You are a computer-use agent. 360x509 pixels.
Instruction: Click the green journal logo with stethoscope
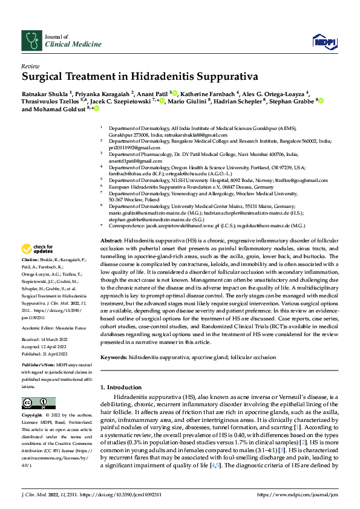[x=31, y=40]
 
